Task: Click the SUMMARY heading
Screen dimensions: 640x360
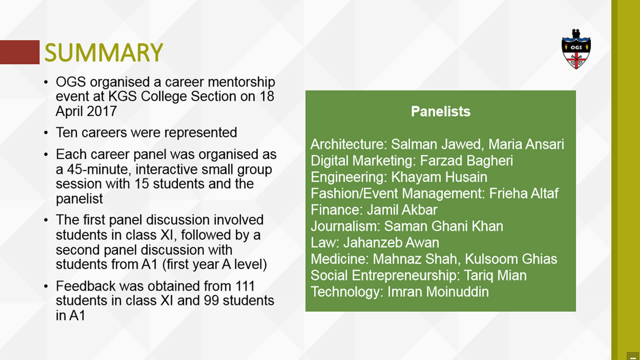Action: [104, 52]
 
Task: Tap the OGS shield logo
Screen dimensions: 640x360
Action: [576, 49]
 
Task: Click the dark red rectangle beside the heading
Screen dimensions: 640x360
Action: [20, 52]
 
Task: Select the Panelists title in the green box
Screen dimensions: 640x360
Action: [441, 111]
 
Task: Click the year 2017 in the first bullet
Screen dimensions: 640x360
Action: [101, 111]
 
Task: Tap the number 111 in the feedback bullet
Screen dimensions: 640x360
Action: [245, 286]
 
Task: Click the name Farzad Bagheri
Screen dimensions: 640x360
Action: [466, 161]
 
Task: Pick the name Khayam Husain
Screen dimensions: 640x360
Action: [439, 177]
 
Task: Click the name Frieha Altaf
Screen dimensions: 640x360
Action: [524, 193]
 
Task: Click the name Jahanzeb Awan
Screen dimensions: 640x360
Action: [391, 243]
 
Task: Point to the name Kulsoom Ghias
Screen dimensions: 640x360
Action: [511, 259]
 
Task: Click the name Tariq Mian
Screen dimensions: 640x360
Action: [495, 276]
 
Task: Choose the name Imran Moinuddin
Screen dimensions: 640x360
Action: [438, 292]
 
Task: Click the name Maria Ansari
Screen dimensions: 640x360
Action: [526, 144]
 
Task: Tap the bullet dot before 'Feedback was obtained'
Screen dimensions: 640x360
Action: [46, 286]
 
